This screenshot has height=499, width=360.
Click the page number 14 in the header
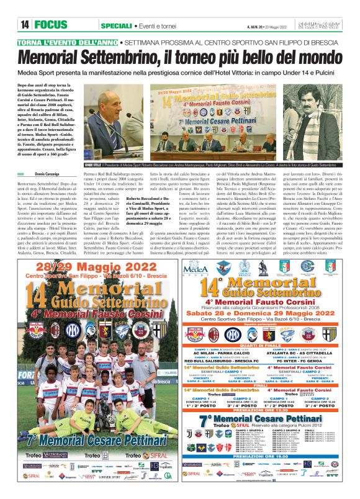[x=25, y=25]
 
